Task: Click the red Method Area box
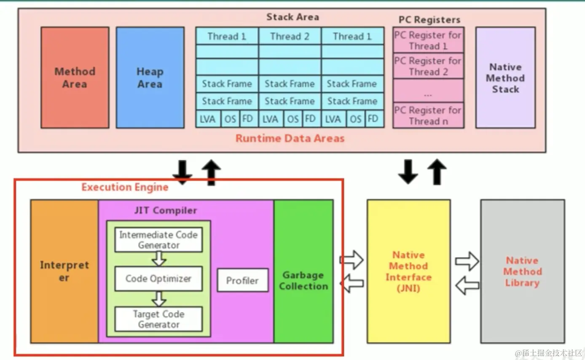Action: [75, 78]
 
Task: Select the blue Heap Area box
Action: [150, 78]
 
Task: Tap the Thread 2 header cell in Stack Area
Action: [290, 36]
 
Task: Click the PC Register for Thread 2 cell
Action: [428, 66]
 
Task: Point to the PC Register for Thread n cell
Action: [428, 116]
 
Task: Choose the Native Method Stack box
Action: [505, 78]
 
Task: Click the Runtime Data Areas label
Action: [290, 138]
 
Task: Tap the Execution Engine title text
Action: [125, 187]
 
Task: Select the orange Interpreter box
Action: [64, 271]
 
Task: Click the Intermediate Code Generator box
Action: [158, 240]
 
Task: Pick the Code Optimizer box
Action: [158, 279]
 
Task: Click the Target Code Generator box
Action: [158, 319]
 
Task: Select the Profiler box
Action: [242, 280]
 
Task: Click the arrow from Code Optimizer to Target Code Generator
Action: [159, 299]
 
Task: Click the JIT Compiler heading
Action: [166, 210]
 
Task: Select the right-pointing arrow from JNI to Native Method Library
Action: [467, 261]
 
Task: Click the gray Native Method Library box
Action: [522, 271]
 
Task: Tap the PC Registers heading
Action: [429, 19]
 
